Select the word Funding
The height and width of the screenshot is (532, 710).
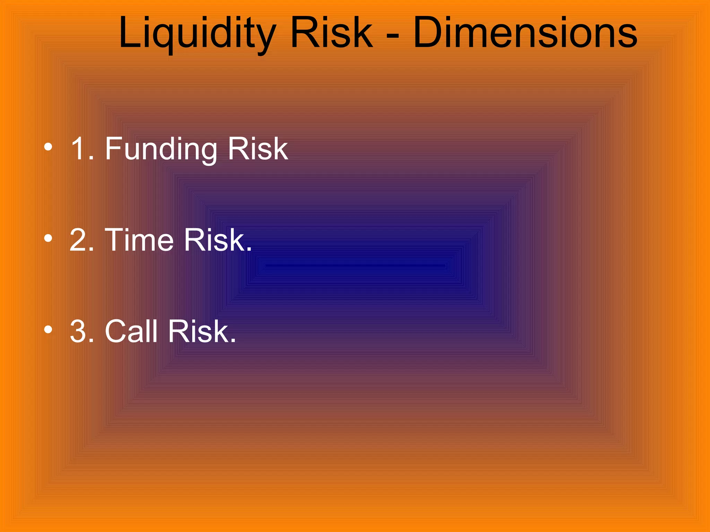pyautogui.click(x=161, y=149)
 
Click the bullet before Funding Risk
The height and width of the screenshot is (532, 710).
pyautogui.click(x=48, y=147)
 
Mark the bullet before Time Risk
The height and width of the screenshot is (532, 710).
pyautogui.click(x=48, y=238)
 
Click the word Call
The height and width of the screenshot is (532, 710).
pyautogui.click(x=131, y=331)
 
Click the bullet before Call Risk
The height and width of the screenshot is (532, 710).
pyautogui.click(x=48, y=330)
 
